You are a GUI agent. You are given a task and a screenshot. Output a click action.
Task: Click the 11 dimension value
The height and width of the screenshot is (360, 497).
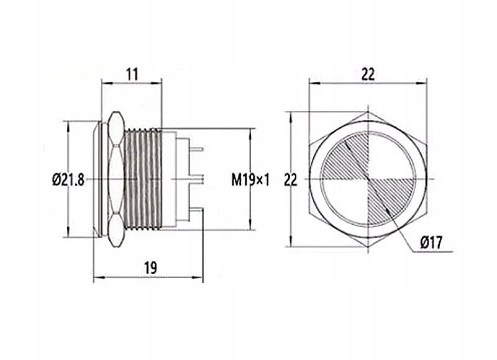132,74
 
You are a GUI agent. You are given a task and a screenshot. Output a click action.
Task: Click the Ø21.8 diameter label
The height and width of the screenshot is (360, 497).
69,181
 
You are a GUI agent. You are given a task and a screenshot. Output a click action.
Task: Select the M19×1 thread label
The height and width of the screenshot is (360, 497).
251,181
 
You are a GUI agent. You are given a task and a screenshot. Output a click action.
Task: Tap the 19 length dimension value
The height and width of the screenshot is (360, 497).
150,268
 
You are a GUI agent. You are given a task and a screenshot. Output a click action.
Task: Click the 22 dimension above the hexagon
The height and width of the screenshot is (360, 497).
368,74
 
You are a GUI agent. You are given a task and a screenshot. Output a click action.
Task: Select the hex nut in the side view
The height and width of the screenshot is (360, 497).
116,180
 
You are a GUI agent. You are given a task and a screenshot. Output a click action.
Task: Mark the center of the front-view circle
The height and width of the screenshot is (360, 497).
368,180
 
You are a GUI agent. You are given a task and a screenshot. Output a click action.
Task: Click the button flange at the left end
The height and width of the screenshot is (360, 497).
98,180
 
